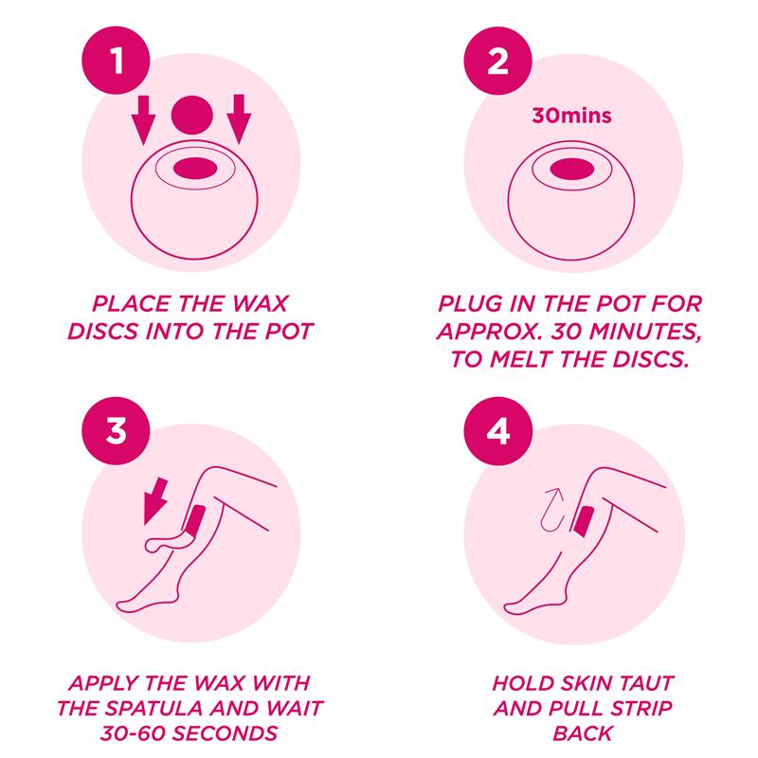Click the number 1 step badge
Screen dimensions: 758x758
coord(116,61)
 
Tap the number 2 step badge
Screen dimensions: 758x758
coord(498,61)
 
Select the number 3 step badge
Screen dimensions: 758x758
coord(116,431)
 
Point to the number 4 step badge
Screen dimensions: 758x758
coord(498,431)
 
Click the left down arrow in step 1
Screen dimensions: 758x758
coord(144,119)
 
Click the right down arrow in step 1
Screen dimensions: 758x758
coord(239,119)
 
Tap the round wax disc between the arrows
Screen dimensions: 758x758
coord(192,115)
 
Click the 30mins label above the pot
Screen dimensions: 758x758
coord(571,116)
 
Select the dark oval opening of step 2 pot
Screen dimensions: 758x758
coord(572,170)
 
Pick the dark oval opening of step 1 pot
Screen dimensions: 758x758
coord(195,169)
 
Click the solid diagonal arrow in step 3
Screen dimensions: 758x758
coord(155,501)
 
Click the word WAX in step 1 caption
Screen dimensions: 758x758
coord(260,304)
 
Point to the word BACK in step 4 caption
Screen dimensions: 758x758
coord(583,733)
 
